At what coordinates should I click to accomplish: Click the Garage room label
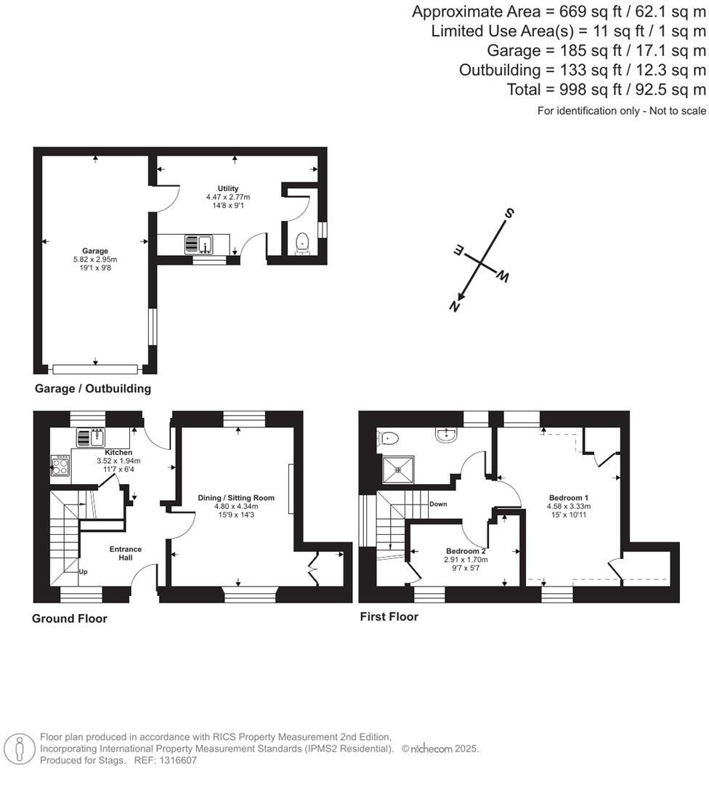[x=95, y=251]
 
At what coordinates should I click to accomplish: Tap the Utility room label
[x=228, y=189]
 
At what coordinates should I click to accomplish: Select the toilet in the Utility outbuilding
[x=302, y=243]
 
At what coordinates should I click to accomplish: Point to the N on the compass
[x=454, y=307]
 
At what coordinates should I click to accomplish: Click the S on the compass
[x=509, y=213]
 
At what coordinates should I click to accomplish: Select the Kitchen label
[x=118, y=452]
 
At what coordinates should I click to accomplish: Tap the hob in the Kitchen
[x=60, y=465]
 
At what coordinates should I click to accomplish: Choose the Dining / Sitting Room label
[x=237, y=498]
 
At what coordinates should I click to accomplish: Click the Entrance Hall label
[x=126, y=554]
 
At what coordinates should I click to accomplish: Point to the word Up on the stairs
[x=83, y=573]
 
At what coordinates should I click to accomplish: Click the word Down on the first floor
[x=438, y=504]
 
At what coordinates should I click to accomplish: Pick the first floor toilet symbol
[x=388, y=438]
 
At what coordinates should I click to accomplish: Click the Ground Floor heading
[x=70, y=619]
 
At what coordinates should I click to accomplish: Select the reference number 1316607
[x=174, y=760]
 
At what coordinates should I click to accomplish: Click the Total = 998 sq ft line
[x=606, y=89]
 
